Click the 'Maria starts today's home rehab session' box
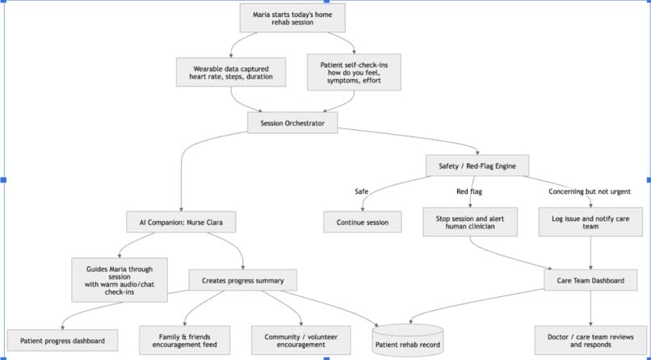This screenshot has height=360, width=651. pos(292,18)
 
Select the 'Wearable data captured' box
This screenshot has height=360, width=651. pos(231,72)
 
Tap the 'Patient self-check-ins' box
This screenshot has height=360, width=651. pos(354,72)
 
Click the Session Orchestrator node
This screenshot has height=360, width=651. pos(292,123)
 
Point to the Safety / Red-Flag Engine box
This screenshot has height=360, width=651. pos(477,166)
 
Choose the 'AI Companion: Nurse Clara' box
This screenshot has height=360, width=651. pos(181,222)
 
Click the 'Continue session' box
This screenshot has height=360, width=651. pos(363,222)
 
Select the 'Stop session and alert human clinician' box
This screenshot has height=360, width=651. pos(470,222)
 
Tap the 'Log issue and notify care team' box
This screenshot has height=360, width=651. pos(590,222)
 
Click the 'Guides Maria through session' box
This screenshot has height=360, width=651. pos(120,280)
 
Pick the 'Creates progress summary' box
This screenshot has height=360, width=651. pos(243,280)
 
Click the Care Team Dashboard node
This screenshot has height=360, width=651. pos(590,280)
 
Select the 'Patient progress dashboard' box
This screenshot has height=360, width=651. pos(63,341)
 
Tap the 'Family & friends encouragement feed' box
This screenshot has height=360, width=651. pos(184,340)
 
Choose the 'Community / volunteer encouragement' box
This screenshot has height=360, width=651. pos(301,340)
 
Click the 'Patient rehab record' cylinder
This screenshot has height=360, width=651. pos(408,340)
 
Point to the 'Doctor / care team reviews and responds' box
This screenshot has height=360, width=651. pos(590,340)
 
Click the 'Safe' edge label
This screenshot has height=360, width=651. pos(362,191)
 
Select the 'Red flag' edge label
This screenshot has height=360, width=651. pos(469,191)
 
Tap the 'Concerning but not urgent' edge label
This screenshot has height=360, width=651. pos(590,191)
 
